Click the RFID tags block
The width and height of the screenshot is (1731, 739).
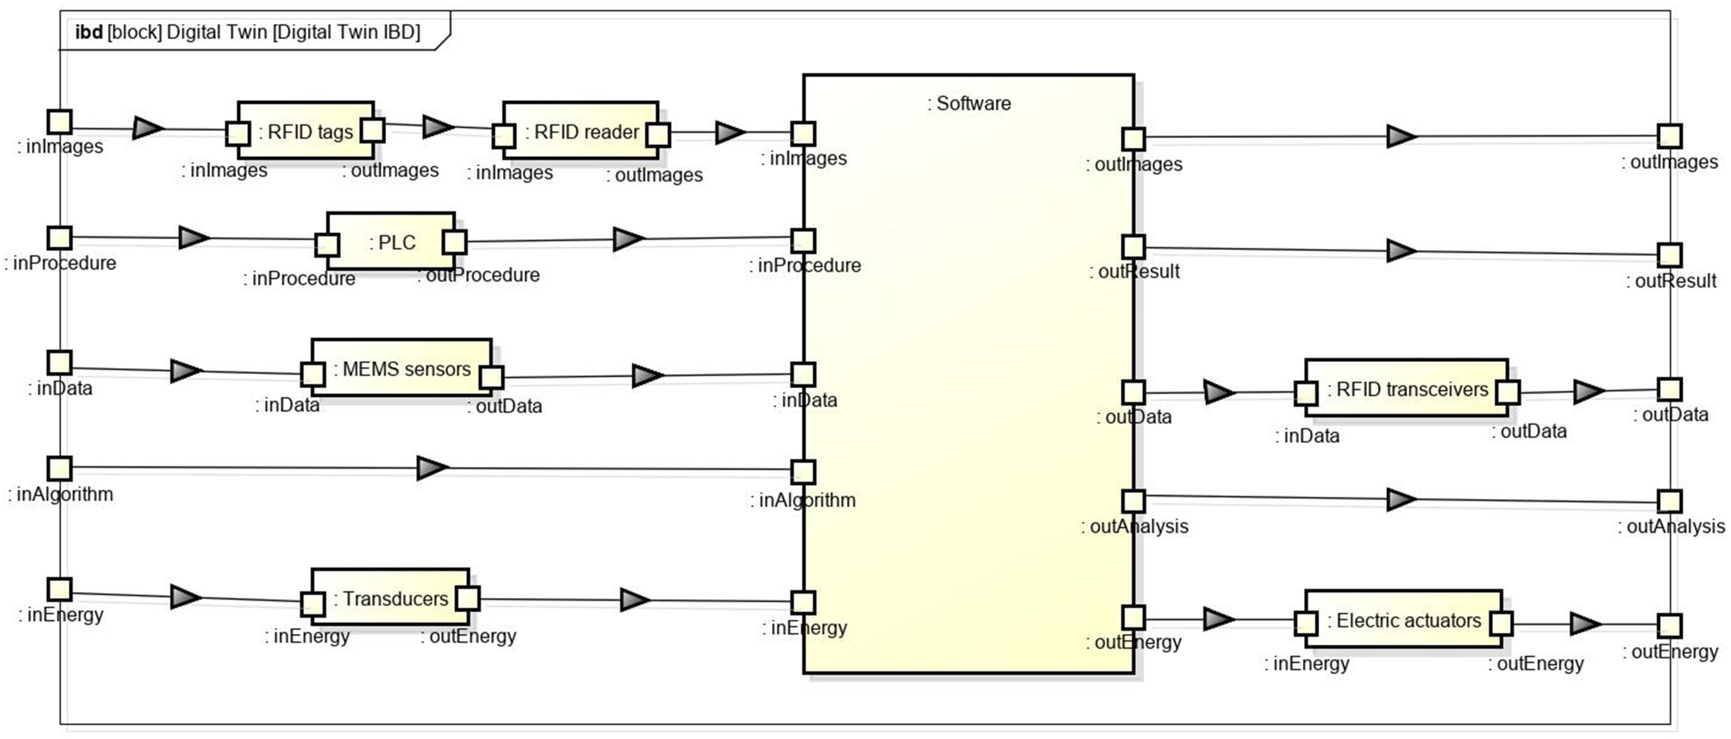[x=306, y=131]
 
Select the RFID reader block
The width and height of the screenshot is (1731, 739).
[x=581, y=131]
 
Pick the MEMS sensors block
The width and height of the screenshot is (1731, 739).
[x=402, y=368]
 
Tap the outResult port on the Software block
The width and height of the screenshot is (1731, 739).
[x=1133, y=247]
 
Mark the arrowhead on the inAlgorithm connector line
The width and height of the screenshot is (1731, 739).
[x=432, y=468]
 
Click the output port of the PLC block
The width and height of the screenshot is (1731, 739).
[x=455, y=242]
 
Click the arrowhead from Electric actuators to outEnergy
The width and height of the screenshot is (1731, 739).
[x=1585, y=624]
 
